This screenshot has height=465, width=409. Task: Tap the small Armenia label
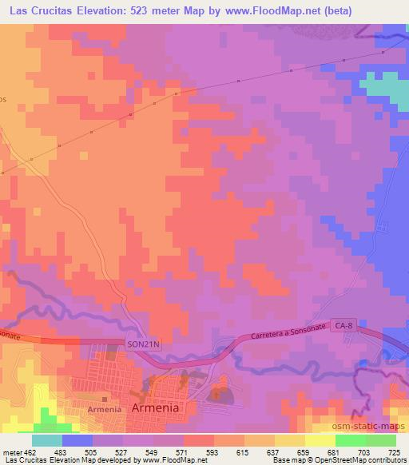pyautogui.click(x=104, y=408)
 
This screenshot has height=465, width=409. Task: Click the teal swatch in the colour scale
pyautogui.click(x=47, y=440)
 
